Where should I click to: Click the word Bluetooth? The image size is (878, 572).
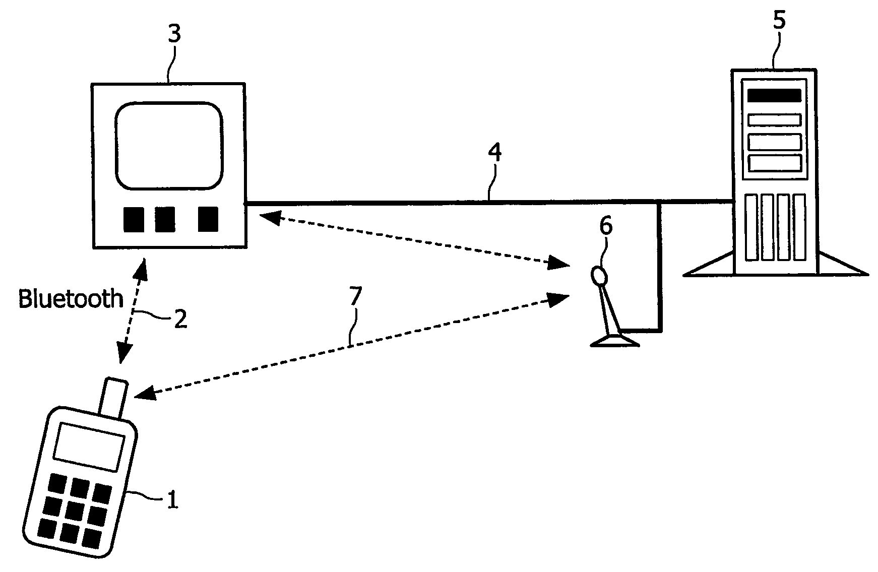pos(71,298)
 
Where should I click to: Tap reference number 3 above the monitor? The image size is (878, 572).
pos(174,35)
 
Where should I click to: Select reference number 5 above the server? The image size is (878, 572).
pos(779,21)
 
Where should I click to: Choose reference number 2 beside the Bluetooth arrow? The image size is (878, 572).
pos(180,319)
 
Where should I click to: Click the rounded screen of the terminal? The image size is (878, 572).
pos(169,146)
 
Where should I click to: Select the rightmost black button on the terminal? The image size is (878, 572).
pos(208,219)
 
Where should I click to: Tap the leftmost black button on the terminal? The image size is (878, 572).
pos(134,220)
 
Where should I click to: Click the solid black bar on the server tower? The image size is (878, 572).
pos(774,96)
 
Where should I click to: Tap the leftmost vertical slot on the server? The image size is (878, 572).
pos(751,227)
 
